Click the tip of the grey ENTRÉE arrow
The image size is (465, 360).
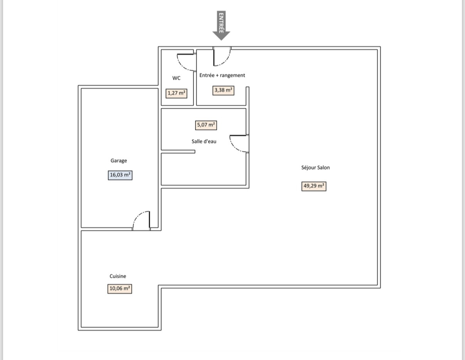(221, 40)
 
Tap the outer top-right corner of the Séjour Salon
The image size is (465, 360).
(381, 46)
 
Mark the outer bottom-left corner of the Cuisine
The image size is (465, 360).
(78, 330)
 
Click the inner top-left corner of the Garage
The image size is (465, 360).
(81, 88)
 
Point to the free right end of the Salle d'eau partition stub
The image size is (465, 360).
(195, 152)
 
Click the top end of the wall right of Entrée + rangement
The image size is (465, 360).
(248, 87)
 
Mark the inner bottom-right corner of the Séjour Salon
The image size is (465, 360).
(377, 285)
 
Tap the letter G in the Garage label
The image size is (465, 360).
(112, 161)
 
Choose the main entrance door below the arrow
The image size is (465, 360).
(222, 56)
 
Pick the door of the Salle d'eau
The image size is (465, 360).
(239, 144)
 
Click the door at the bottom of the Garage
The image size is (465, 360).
(141, 221)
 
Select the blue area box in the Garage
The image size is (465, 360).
(120, 175)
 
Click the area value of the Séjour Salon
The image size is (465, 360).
(314, 186)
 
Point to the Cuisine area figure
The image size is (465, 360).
(120, 289)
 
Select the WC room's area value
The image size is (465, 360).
(176, 93)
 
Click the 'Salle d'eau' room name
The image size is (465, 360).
(204, 141)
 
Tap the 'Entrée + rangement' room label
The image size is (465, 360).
(222, 75)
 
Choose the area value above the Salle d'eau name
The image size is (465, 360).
(206, 125)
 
